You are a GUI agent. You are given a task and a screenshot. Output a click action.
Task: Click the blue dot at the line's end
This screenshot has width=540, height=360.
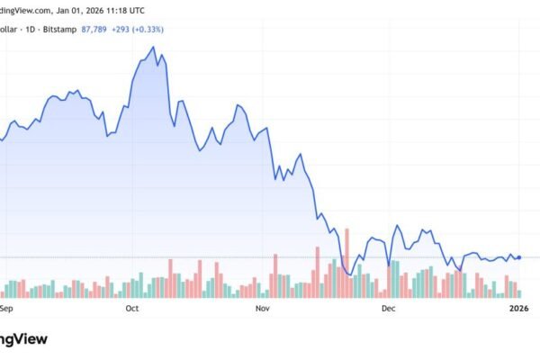(x=519, y=257)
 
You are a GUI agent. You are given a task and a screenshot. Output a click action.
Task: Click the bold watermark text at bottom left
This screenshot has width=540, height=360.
(x=22, y=339)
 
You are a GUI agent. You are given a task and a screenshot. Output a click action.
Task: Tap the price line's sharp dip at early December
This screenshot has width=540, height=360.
(x=388, y=265)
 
